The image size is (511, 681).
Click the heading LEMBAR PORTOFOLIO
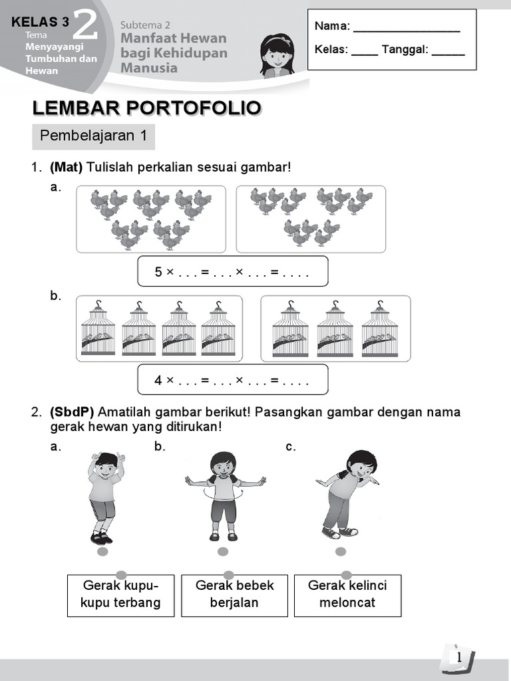146,108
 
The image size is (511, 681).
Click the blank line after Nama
406,28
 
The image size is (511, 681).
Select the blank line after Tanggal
448,51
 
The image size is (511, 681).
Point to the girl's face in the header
276,55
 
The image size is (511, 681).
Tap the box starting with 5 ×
232,271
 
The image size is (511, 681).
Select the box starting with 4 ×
232,380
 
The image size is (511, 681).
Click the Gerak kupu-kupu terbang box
120,595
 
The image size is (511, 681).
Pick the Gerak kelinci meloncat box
347,595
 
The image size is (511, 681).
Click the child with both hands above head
105,495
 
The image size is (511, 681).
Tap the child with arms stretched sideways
224,495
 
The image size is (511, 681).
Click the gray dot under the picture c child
341,551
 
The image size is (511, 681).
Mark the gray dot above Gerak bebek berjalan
228,575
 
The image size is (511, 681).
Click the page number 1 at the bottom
458,658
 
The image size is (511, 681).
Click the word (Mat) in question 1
65,167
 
